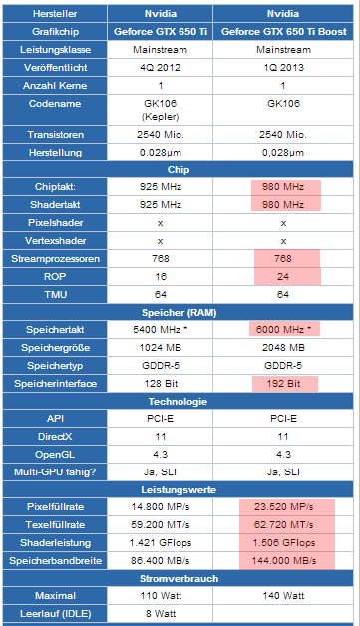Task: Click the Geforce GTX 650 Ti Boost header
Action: [x=283, y=32]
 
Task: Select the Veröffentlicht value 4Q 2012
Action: [x=160, y=67]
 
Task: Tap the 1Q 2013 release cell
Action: [x=283, y=67]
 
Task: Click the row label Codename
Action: [x=55, y=104]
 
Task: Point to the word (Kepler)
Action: [x=160, y=117]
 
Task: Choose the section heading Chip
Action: [x=179, y=170]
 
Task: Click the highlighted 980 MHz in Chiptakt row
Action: [x=283, y=186]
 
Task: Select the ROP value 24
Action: [x=283, y=277]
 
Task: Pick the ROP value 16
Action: [x=161, y=277]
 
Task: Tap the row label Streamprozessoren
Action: [x=55, y=259]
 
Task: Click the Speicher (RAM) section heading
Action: [x=179, y=313]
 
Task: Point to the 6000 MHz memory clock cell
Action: [x=284, y=329]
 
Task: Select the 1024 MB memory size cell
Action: [x=160, y=347]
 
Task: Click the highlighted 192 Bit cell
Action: [x=283, y=383]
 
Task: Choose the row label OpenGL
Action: [x=55, y=455]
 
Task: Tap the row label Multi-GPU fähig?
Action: [x=55, y=472]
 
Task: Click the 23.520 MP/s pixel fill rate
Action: [x=283, y=507]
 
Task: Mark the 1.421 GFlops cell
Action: [x=161, y=543]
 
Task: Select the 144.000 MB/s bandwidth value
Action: [x=283, y=561]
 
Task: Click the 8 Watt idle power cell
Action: [x=161, y=614]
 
